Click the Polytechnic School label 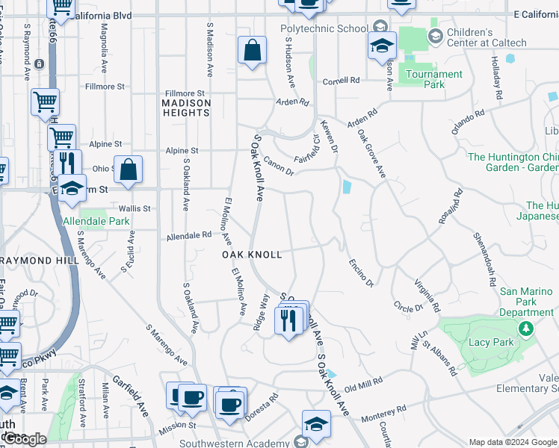pyautogui.click(x=324, y=29)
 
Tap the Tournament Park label pyautogui.click(x=434, y=79)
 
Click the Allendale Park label pyautogui.click(x=96, y=222)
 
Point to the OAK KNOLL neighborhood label pyautogui.click(x=253, y=255)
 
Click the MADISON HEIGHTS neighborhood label pyautogui.click(x=186, y=108)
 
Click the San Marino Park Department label pyautogui.click(x=527, y=302)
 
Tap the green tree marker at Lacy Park pyautogui.click(x=526, y=328)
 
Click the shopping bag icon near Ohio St pyautogui.click(x=129, y=169)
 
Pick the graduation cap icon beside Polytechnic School pyautogui.click(x=382, y=46)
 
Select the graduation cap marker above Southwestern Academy pyautogui.click(x=316, y=423)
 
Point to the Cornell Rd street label pyautogui.click(x=341, y=81)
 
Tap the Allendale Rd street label pyautogui.click(x=188, y=235)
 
